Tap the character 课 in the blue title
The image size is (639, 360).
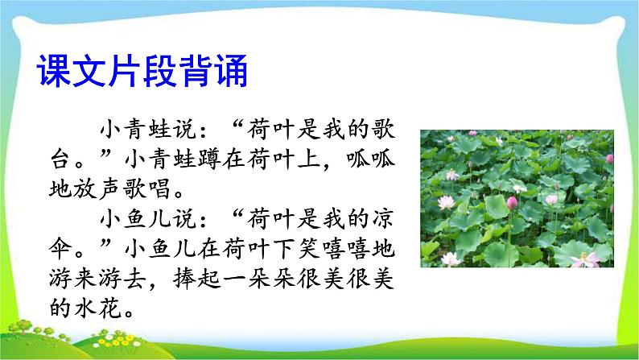(53, 71)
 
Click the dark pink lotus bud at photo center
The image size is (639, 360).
(512, 201)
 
